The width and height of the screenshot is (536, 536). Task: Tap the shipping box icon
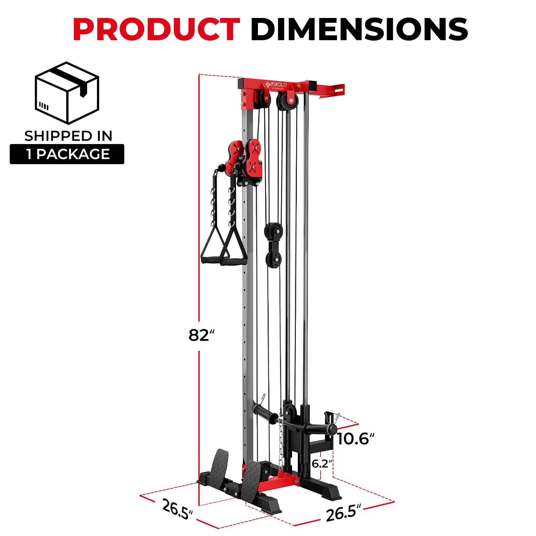click(67, 93)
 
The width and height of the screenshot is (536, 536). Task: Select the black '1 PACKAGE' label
click(67, 154)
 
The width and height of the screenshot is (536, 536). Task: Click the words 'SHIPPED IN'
click(68, 136)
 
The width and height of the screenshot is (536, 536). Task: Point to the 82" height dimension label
click(201, 335)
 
